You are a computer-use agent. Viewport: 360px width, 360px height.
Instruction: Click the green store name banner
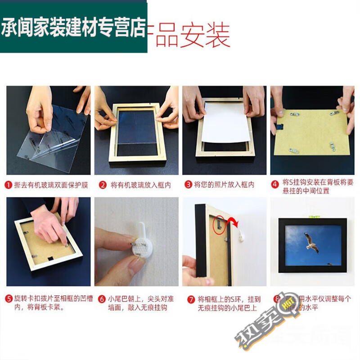[x=74, y=27]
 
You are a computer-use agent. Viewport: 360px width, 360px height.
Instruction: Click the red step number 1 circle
[x=9, y=185]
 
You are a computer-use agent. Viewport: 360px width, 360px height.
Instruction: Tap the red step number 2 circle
[x=103, y=185]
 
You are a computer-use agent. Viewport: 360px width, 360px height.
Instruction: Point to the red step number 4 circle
[x=275, y=183]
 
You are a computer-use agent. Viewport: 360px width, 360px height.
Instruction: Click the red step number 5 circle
[x=9, y=299]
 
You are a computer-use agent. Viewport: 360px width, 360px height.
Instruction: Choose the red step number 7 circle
[x=189, y=299]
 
